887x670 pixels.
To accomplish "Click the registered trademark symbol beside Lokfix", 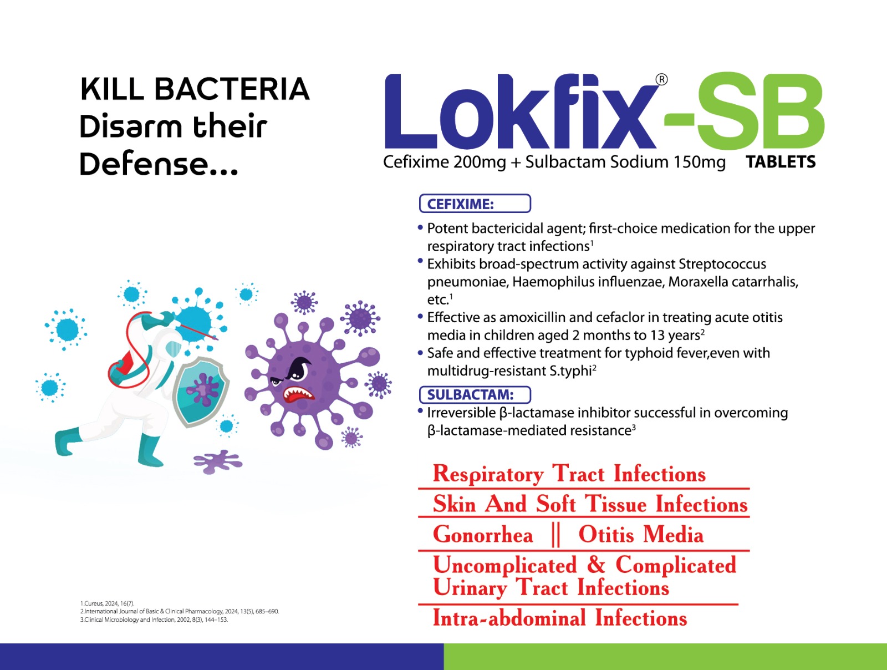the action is point(661,80).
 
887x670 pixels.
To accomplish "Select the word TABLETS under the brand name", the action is point(781,162).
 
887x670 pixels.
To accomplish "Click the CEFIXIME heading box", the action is point(475,203).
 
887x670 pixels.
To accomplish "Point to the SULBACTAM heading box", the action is point(475,394).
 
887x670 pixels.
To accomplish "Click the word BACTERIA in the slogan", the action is point(232,89).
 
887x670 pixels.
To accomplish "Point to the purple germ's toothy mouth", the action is point(298,395).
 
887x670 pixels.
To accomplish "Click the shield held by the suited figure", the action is point(201,391).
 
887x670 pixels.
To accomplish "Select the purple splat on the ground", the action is point(218,461).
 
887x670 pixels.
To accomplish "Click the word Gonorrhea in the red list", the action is point(483,535).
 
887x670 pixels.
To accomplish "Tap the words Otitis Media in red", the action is point(641,535).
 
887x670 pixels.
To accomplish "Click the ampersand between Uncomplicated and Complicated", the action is point(595,565).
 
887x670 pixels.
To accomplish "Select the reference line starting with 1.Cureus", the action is point(107,603).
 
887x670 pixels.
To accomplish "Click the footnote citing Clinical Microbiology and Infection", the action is point(154,620).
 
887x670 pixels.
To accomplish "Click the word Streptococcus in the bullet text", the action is point(722,264).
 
